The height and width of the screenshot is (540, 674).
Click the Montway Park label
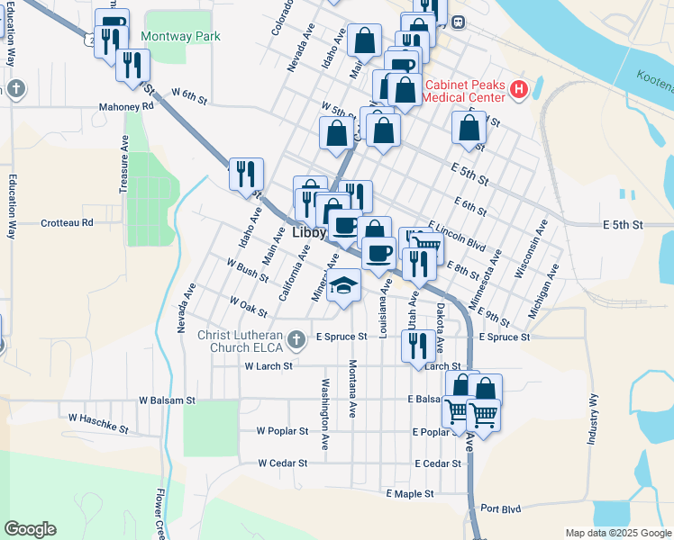pyautogui.click(x=180, y=38)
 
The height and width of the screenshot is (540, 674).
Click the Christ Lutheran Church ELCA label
pyautogui.click(x=252, y=342)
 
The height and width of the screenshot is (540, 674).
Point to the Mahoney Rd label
pyautogui.click(x=127, y=105)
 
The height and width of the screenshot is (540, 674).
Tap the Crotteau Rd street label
pyautogui.click(x=68, y=222)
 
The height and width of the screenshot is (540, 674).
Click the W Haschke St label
pyautogui.click(x=99, y=418)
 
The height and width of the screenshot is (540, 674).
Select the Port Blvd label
pyautogui.click(x=500, y=508)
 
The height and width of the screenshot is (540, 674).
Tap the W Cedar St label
pyautogui.click(x=283, y=463)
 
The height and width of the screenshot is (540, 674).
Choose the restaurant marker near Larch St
pyautogui.click(x=417, y=346)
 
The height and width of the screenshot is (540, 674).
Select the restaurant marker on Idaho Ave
pyautogui.click(x=246, y=173)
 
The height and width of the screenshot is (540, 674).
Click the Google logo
pyautogui.click(x=30, y=529)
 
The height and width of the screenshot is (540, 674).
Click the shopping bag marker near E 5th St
pyautogui.click(x=469, y=128)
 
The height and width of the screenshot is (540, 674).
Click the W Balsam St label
pyautogui.click(x=167, y=400)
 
